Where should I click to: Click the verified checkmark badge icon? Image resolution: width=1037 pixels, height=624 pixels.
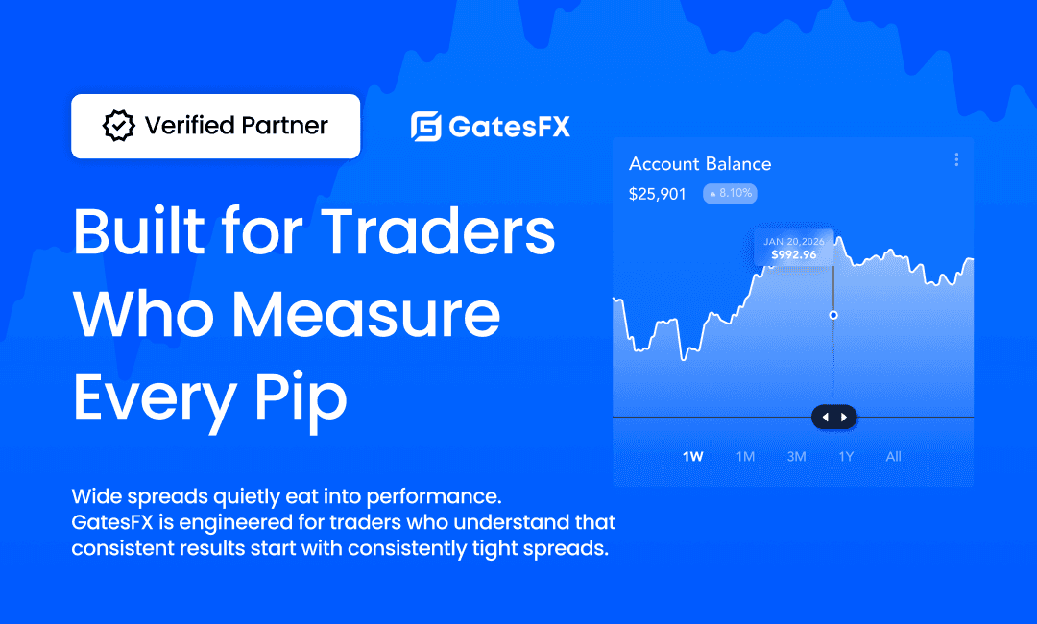(118, 126)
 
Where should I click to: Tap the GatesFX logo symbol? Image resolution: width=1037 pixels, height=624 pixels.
(426, 127)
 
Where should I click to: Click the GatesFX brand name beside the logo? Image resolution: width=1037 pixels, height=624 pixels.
(509, 127)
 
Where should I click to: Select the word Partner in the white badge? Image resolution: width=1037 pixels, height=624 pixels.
(284, 126)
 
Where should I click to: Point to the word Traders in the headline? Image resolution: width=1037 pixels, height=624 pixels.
(438, 231)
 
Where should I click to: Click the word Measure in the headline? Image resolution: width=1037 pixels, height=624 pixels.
(366, 314)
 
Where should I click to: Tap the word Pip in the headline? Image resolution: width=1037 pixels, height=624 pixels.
(301, 398)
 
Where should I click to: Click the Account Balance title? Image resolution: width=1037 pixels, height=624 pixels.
(700, 164)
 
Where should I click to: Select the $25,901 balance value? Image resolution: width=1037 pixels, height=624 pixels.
(658, 194)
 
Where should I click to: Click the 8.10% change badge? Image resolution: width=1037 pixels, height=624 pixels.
(730, 193)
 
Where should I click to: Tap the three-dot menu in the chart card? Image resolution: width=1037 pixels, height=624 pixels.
(956, 159)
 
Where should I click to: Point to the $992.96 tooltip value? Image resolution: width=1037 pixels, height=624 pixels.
(794, 254)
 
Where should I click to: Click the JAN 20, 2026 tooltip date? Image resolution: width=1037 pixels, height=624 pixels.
(794, 242)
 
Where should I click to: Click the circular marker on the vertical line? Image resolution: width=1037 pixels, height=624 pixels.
(833, 315)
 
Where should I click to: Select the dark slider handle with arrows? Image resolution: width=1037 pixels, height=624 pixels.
(834, 417)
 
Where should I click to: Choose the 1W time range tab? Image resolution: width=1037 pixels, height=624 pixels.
(692, 457)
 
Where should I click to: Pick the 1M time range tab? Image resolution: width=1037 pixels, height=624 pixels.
(745, 457)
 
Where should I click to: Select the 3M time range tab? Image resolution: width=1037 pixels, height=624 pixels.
(796, 457)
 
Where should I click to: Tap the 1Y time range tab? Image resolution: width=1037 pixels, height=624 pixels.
(846, 457)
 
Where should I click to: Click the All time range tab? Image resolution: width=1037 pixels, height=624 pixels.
(894, 457)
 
